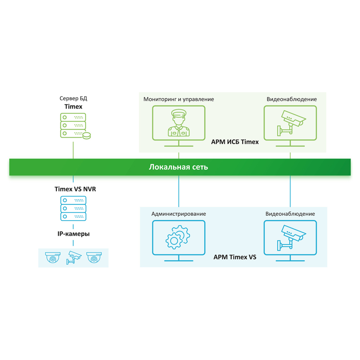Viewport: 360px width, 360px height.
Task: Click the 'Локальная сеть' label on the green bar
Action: pyautogui.click(x=179, y=167)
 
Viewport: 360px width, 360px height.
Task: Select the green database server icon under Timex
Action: pyautogui.click(x=74, y=126)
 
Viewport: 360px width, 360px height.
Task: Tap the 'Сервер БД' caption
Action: pyautogui.click(x=73, y=99)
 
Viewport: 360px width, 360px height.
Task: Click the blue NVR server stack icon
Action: pyautogui.click(x=73, y=208)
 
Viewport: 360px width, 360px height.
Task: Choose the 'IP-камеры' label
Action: pyautogui.click(x=73, y=234)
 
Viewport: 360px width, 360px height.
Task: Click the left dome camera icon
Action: pyautogui.click(x=53, y=258)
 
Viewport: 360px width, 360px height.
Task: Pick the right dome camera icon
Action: pyautogui.click(x=95, y=258)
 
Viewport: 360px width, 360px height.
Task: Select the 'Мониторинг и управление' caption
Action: pyautogui.click(x=179, y=99)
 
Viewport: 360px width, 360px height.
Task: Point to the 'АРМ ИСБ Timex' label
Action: pyautogui.click(x=235, y=142)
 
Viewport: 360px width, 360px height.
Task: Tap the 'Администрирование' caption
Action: pyautogui.click(x=179, y=214)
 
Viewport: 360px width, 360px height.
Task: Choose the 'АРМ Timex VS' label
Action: pyautogui.click(x=235, y=257)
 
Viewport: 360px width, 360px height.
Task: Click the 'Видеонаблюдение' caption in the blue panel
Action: pyautogui.click(x=290, y=214)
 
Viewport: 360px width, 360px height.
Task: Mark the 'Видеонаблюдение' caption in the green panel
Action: pyautogui.click(x=292, y=99)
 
